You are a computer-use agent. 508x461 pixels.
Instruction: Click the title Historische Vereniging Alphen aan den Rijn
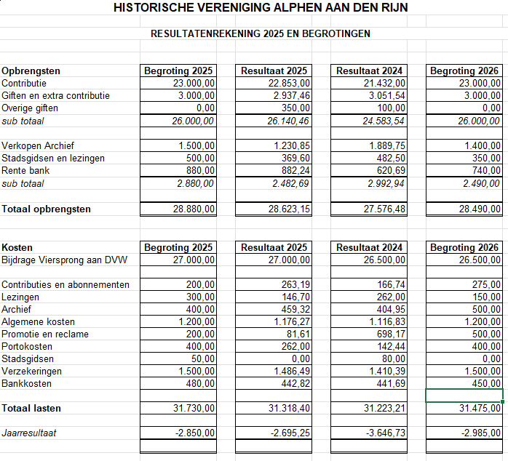point(261,7)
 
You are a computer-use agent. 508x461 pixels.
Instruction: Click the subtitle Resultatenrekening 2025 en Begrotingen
point(261,33)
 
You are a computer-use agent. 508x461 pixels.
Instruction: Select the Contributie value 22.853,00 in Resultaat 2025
point(290,84)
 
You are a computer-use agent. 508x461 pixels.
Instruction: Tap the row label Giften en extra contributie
point(56,96)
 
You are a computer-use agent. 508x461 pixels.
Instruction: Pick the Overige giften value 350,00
point(296,108)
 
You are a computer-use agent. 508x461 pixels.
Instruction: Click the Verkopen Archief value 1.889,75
point(386,146)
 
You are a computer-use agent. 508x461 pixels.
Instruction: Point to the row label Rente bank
point(26,171)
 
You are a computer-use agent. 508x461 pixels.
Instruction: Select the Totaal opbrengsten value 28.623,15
point(289,209)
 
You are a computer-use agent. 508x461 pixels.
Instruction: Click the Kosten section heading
point(17,248)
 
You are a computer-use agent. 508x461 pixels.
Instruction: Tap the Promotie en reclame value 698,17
point(392,334)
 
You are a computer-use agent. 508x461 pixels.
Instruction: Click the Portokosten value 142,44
point(392,347)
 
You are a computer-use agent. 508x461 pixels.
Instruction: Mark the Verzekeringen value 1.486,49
point(292,372)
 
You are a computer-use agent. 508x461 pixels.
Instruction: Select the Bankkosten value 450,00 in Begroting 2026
point(487,384)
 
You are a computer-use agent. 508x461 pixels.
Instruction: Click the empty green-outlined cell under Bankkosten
point(464,396)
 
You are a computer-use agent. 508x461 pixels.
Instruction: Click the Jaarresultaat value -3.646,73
point(386,433)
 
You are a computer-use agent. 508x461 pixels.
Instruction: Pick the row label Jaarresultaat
point(29,433)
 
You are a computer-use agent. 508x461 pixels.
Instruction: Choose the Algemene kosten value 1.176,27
point(292,322)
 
